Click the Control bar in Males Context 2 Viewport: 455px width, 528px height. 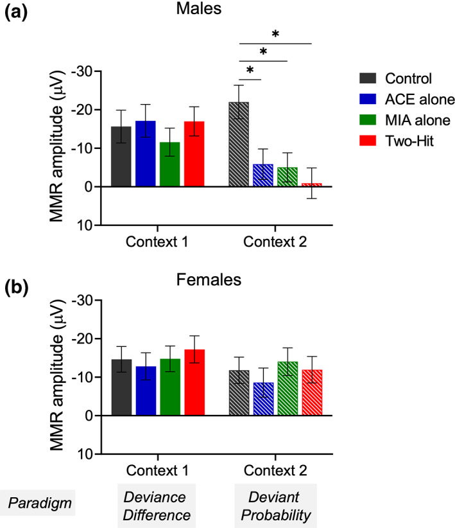pos(239,145)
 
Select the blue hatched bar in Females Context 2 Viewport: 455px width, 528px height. pos(263,399)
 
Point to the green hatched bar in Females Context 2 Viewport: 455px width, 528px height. pos(288,389)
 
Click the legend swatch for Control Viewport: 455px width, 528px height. pos(368,79)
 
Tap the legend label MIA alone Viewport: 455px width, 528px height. pos(413,120)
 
